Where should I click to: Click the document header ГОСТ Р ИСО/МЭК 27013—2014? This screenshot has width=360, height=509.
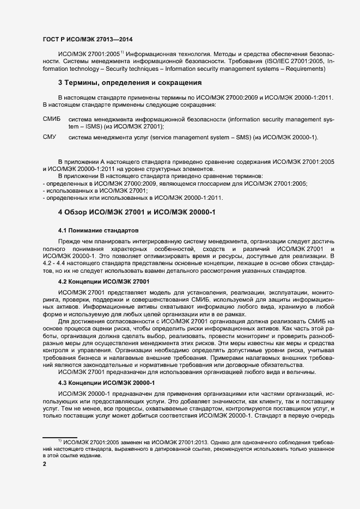87,39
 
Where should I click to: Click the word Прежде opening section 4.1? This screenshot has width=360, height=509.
70,241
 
